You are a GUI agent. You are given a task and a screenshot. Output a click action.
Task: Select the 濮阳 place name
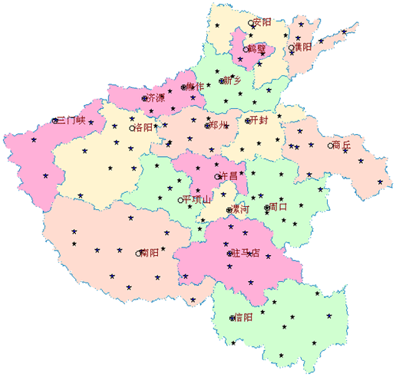(302, 47)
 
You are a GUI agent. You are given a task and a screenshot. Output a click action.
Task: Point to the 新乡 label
(232, 80)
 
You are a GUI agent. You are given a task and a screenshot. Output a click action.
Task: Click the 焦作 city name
(196, 87)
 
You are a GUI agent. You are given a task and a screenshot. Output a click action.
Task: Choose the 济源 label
(155, 98)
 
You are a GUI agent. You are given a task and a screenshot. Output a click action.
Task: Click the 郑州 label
(218, 125)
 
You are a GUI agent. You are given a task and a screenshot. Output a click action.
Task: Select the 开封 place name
(258, 120)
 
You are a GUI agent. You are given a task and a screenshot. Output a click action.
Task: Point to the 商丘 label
(341, 144)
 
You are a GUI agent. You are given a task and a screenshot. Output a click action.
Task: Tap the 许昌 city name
(229, 176)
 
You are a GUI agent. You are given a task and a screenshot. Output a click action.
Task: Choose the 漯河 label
(240, 209)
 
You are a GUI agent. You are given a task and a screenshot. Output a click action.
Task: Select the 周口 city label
(277, 207)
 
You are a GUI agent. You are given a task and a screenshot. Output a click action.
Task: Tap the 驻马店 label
(246, 253)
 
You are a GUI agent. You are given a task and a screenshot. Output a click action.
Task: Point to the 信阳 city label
(242, 317)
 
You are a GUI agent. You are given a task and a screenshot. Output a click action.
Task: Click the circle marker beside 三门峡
(54, 120)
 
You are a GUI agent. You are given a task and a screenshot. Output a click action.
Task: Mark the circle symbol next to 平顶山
(181, 200)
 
